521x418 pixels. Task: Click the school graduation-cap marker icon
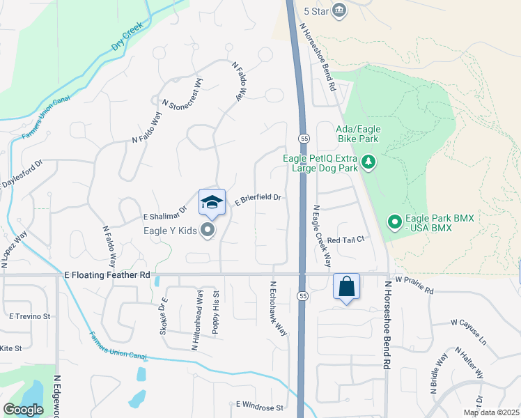coord(212,203)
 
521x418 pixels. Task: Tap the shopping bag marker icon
coord(346,286)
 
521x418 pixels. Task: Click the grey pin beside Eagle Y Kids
coord(207,229)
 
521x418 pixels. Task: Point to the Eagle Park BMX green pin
coord(394,223)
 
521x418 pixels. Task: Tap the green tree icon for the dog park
coord(368,163)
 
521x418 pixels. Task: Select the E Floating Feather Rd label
coord(107,275)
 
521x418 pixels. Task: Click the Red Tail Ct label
coord(345,240)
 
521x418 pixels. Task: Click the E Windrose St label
coord(259,405)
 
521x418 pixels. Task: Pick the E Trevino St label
coord(30,316)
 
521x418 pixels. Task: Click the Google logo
coord(23,410)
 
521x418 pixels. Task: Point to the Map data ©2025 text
coord(492,412)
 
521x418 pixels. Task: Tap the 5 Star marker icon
coord(339,9)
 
